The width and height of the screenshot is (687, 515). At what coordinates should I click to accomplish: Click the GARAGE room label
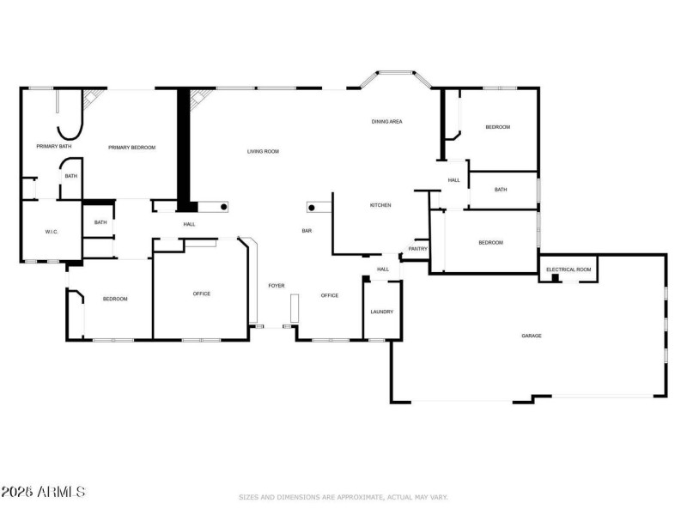pos(531,336)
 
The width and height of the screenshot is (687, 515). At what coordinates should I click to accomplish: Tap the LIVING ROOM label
pos(263,152)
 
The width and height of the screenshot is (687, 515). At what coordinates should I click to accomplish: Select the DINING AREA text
pos(386,122)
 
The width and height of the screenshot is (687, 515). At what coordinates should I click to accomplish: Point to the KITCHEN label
pos(380,205)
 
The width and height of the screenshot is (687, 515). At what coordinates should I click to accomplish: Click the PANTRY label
pos(418,249)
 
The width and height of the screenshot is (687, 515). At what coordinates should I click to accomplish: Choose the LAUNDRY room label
pos(381,312)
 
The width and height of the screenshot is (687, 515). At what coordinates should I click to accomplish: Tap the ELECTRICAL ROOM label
pos(568,270)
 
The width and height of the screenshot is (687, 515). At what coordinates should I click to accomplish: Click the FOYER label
pos(277,286)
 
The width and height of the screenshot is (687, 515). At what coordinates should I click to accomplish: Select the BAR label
pos(306,231)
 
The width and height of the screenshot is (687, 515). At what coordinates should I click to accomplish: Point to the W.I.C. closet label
pos(51,232)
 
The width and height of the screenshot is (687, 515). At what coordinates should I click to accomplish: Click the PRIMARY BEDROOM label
pos(131,148)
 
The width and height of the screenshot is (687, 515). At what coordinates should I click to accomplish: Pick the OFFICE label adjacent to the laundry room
pos(330,295)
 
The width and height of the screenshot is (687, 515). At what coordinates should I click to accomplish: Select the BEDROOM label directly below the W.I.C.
pos(115,299)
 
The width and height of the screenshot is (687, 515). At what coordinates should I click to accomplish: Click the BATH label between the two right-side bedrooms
pos(501,190)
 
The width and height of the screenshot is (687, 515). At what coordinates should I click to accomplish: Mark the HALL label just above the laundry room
pos(383,270)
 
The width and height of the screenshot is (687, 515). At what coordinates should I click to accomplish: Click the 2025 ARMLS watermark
pos(43,492)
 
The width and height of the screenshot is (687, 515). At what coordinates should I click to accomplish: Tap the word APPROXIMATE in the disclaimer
pos(344,497)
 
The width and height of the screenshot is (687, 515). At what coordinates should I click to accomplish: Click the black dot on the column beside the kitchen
pos(312,207)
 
